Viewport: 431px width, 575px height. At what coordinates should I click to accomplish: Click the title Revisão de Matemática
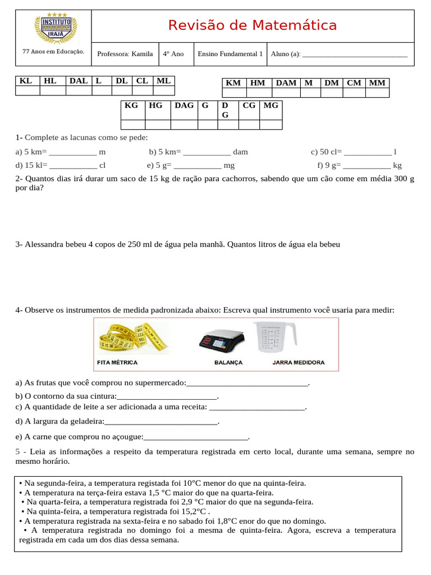[253, 25]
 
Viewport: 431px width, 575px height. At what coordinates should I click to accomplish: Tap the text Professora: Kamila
[125, 54]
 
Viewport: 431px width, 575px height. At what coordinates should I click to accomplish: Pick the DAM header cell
[286, 83]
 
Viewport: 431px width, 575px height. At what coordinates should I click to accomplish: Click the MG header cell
[270, 106]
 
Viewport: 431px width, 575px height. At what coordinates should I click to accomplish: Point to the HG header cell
[155, 106]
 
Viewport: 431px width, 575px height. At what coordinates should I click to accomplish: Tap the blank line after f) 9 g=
[366, 166]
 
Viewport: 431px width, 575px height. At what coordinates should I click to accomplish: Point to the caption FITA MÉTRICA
[117, 363]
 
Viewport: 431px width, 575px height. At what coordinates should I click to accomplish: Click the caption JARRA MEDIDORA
[298, 363]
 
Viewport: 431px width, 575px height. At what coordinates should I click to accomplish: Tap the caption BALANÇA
[228, 363]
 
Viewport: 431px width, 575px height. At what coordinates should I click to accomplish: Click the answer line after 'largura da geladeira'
[161, 422]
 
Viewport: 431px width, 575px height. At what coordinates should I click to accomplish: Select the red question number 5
[17, 451]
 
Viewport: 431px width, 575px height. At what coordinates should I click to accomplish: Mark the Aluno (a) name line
[355, 55]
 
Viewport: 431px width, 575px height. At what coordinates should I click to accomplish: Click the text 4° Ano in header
[173, 54]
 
